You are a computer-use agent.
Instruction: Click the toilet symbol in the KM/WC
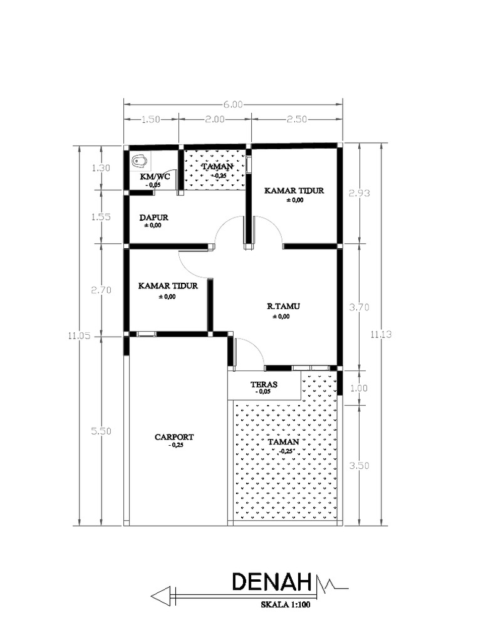point(139,161)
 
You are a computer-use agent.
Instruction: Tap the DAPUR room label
point(153,218)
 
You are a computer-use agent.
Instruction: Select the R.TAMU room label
point(283,307)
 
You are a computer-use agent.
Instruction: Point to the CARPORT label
point(174,437)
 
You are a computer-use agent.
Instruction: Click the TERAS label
point(264,384)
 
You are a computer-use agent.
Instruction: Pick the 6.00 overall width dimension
point(232,105)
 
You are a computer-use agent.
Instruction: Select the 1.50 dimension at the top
point(151,119)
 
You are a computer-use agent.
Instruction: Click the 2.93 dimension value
point(359,193)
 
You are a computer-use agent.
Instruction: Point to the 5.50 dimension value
point(101,431)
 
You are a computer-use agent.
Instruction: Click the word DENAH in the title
point(272,583)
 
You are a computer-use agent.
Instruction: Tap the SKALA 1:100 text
point(286,606)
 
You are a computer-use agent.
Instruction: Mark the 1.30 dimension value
point(101,168)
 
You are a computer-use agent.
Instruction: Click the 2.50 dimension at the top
point(296,119)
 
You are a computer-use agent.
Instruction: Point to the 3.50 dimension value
point(359,466)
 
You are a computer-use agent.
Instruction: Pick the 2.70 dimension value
point(101,290)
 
